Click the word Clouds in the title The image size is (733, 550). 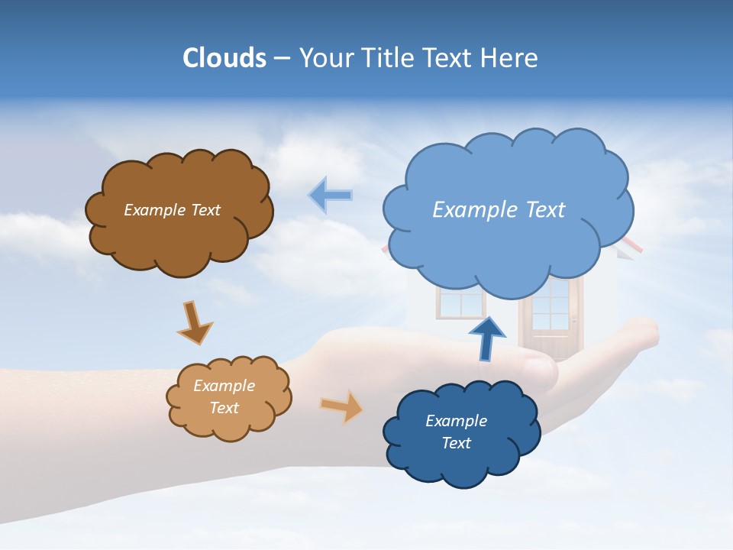224,58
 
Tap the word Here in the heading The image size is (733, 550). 509,58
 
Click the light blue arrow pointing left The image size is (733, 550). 330,196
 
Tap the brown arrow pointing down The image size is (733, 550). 195,322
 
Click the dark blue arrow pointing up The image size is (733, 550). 486,338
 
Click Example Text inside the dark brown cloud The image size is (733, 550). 172,210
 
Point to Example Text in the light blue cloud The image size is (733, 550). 499,210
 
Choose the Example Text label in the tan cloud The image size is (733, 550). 224,396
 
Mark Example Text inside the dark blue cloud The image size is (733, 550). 456,432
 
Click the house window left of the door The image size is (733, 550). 460,304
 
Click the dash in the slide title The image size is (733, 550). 282,59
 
